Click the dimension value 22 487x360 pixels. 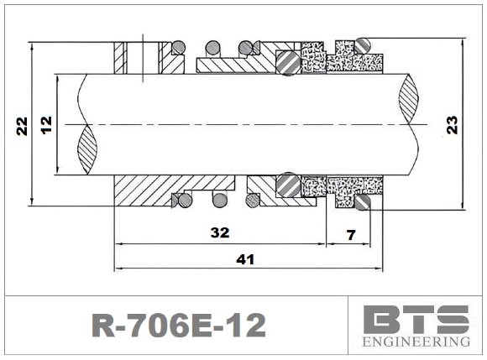click(x=23, y=125)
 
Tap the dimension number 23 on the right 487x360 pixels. click(x=453, y=125)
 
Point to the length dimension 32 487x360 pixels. click(x=221, y=232)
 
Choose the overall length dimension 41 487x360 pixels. click(x=244, y=259)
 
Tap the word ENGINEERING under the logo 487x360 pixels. click(x=416, y=342)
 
